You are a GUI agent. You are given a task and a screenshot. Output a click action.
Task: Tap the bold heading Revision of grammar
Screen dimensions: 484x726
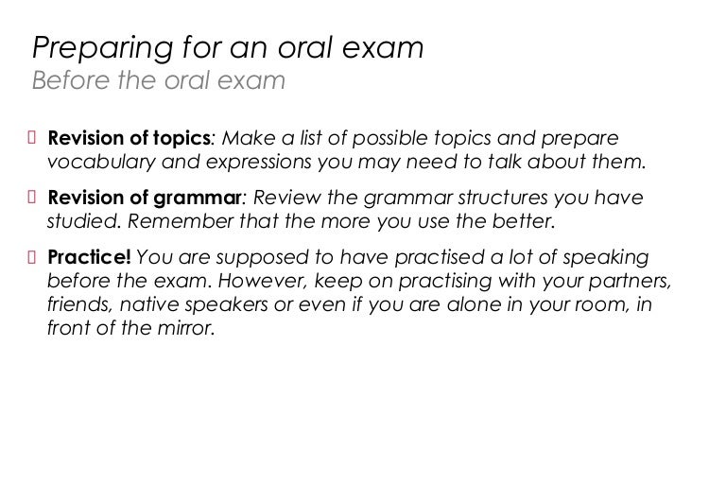point(144,199)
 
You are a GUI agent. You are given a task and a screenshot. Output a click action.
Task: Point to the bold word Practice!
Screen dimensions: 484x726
point(90,258)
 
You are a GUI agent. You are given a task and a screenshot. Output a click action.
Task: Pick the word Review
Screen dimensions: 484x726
point(284,199)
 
